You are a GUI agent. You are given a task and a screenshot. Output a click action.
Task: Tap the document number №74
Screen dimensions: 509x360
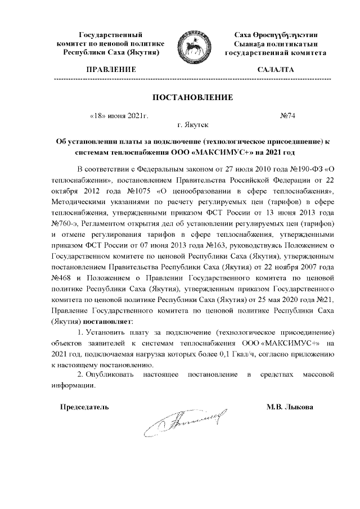point(287,116)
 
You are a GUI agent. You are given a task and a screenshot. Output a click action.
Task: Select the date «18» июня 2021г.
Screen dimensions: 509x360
point(119,116)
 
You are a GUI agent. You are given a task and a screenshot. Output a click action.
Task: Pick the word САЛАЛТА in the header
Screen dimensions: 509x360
point(275,70)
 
